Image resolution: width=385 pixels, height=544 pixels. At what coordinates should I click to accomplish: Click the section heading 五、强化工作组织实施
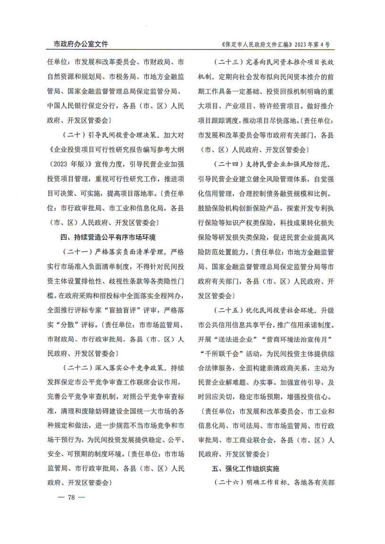(x=245, y=469)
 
